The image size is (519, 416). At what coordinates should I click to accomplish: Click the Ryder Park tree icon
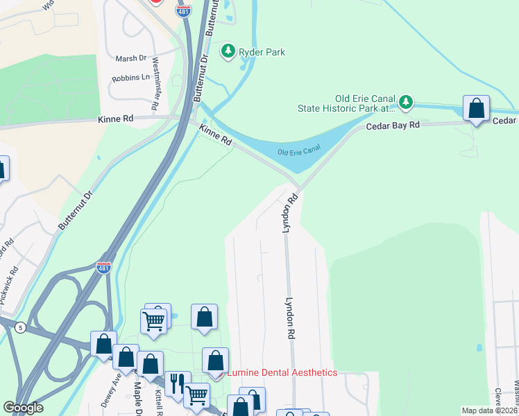pos(228,51)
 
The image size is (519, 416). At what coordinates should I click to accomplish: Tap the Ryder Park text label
pos(262,52)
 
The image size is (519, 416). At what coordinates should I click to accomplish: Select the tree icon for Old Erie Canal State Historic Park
pos(406,103)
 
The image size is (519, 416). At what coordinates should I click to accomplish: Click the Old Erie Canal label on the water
pos(300,152)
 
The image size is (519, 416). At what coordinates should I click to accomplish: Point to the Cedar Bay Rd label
pos(393,125)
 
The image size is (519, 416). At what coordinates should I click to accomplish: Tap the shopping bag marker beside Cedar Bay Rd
pos(476,109)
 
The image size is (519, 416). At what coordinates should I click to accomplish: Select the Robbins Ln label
pos(130,78)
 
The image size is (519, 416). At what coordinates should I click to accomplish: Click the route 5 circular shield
pos(22,327)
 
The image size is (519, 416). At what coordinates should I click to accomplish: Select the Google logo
pos(24,407)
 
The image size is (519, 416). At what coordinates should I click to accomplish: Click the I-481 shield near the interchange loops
pos(103,268)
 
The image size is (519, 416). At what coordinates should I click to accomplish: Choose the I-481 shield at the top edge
pos(184,3)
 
